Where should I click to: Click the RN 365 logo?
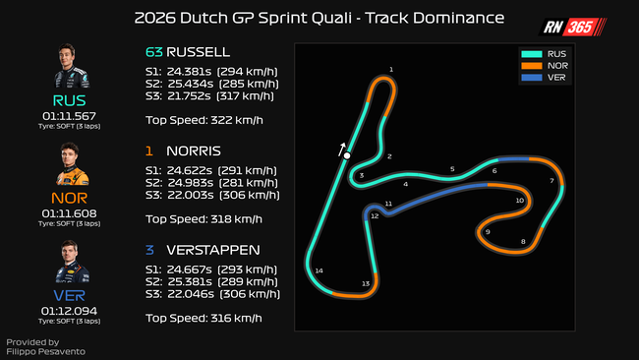click(573, 27)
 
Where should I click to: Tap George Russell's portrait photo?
click(71, 66)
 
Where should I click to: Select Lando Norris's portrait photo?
click(72, 164)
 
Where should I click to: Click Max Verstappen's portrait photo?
click(72, 262)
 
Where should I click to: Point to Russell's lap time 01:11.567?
click(69, 116)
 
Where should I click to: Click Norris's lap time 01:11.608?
click(69, 213)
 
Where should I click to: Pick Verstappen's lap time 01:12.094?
click(69, 311)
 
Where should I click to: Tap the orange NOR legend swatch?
click(532, 66)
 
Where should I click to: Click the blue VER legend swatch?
click(532, 78)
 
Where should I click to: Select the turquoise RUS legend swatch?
click(532, 54)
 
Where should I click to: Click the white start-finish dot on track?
click(347, 155)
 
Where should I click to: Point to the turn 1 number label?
click(391, 69)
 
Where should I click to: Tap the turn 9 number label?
click(488, 232)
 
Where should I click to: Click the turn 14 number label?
click(319, 270)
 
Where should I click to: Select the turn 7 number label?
click(552, 181)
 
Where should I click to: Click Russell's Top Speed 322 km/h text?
click(204, 120)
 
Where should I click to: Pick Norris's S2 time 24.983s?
click(190, 183)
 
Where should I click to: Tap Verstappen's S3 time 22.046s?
click(191, 294)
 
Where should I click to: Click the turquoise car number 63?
click(154, 52)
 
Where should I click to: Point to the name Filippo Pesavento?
click(45, 351)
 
